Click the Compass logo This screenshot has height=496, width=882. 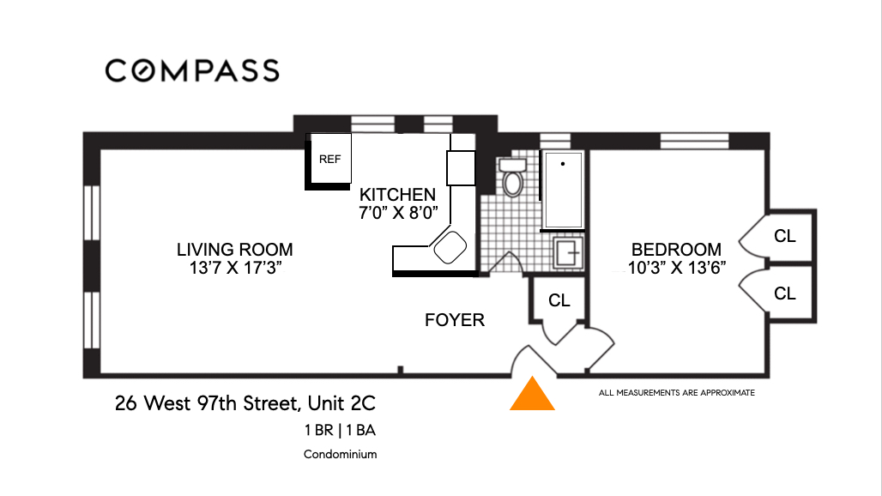pyautogui.click(x=192, y=71)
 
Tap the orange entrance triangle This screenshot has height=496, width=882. pyautogui.click(x=532, y=394)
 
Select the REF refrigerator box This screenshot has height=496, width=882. pyautogui.click(x=330, y=159)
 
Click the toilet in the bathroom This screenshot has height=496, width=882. pyautogui.click(x=512, y=177)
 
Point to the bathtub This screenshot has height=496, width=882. pyautogui.click(x=563, y=191)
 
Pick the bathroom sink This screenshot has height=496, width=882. pyautogui.click(x=568, y=253)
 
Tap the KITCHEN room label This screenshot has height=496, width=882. pyautogui.click(x=398, y=195)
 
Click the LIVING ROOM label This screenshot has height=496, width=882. pyautogui.click(x=234, y=249)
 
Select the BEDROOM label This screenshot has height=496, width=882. pyautogui.click(x=676, y=249)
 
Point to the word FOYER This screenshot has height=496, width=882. pyautogui.click(x=455, y=320)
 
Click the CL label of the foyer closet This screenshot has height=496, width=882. pyautogui.click(x=559, y=300)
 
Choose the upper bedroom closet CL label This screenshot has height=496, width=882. pyautogui.click(x=785, y=236)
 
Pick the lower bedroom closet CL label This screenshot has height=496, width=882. pyautogui.click(x=785, y=293)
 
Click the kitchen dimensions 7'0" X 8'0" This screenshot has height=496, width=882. pyautogui.click(x=398, y=213)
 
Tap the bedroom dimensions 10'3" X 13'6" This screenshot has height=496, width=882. pyautogui.click(x=677, y=268)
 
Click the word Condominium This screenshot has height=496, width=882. pyautogui.click(x=341, y=455)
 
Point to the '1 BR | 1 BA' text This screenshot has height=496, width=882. pyautogui.click(x=341, y=430)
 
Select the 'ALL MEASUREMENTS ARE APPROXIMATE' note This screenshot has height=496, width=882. pyautogui.click(x=677, y=392)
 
